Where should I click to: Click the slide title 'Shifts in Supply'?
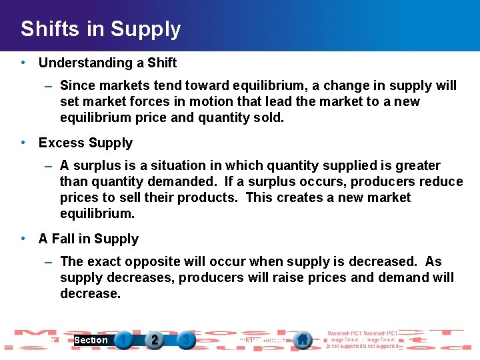[x=101, y=29]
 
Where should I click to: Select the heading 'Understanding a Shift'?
[x=107, y=63]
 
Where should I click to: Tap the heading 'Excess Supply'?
[x=85, y=143]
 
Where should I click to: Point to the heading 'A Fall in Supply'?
[x=89, y=239]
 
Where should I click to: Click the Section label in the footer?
[x=91, y=340]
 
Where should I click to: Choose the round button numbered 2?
[x=155, y=340]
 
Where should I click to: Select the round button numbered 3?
[x=186, y=340]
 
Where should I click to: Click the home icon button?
[x=303, y=340]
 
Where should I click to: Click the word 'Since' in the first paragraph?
[x=77, y=85]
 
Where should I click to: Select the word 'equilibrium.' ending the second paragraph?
[x=97, y=213]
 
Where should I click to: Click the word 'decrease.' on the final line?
[x=90, y=293]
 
